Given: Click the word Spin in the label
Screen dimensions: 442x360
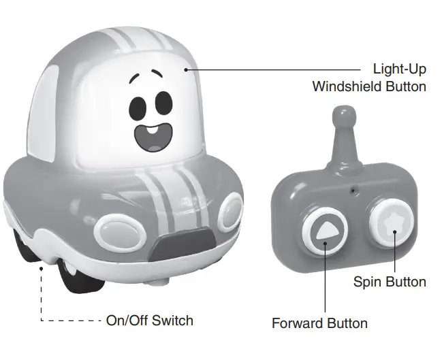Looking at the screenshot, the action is tap(367, 282).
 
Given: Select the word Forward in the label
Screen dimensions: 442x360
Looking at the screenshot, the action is tap(298, 323).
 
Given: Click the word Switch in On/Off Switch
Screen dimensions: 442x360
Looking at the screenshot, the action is tap(172, 320).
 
